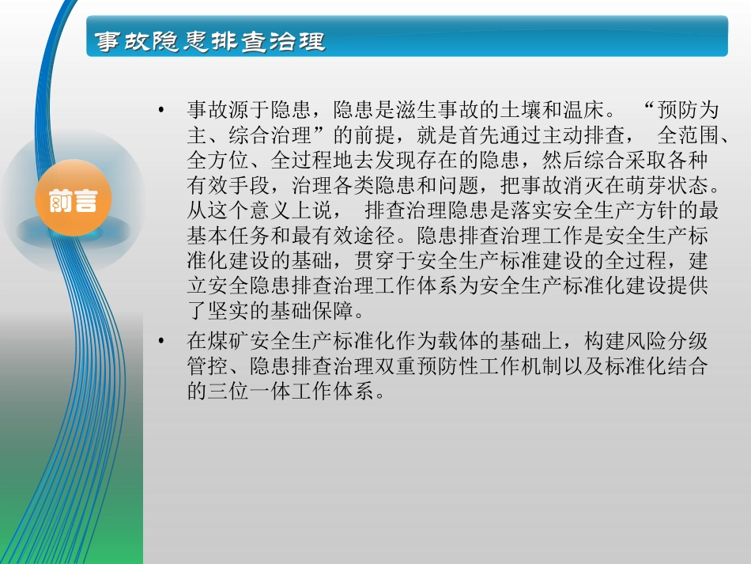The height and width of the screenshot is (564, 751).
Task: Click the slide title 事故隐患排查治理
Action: [x=209, y=42]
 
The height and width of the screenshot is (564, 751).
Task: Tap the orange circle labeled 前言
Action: [x=73, y=201]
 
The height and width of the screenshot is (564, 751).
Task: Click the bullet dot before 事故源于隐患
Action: [x=162, y=109]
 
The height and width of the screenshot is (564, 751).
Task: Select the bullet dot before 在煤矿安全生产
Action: [x=162, y=342]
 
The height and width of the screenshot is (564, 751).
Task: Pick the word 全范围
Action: [x=688, y=135]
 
